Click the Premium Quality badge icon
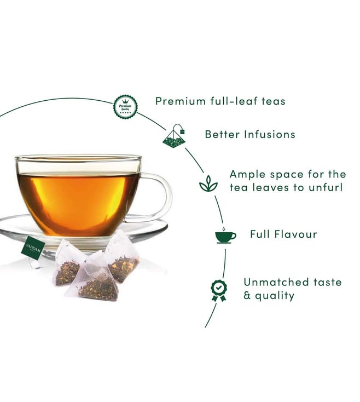[x=125, y=107]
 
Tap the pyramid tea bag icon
[x=174, y=136]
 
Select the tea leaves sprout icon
[x=208, y=183]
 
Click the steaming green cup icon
[x=225, y=235]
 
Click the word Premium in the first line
[x=181, y=101]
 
